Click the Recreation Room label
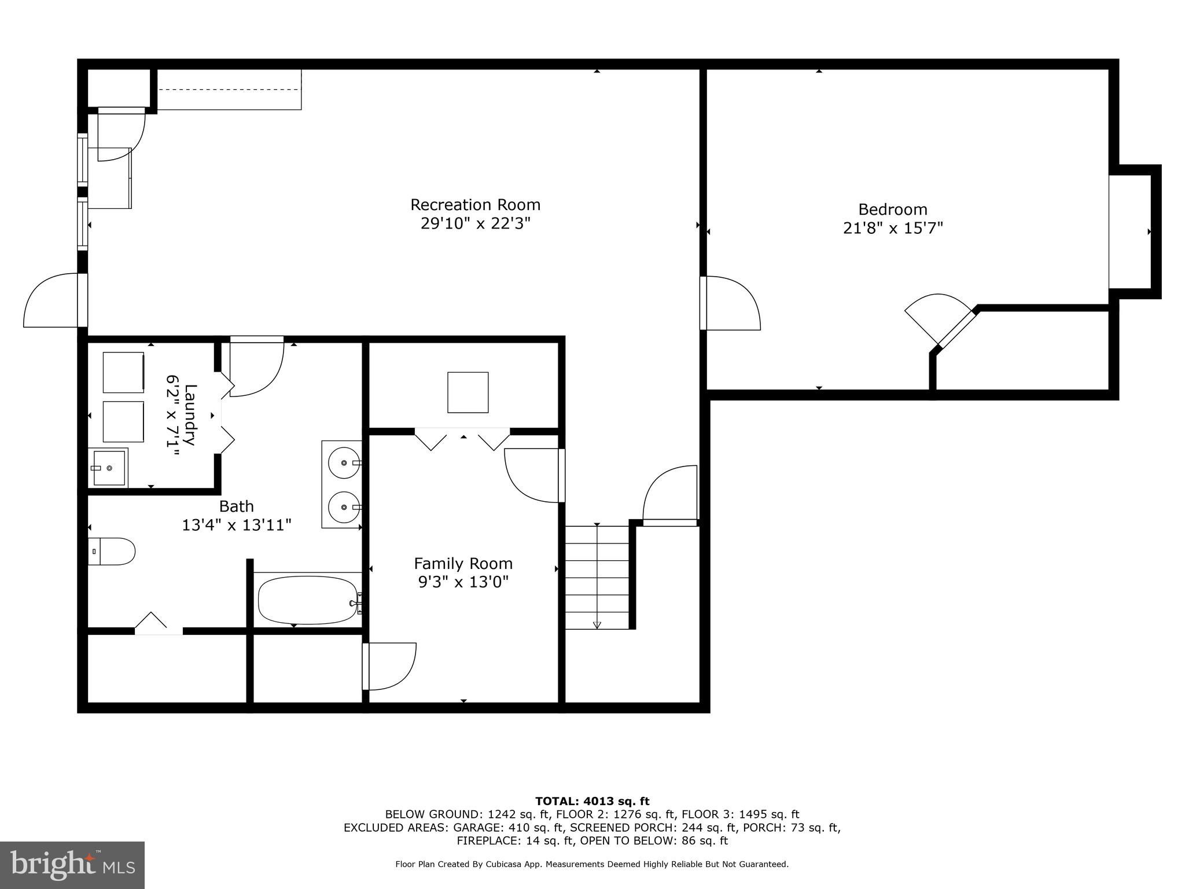[475, 205]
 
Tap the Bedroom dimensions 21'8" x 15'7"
[892, 228]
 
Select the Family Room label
[463, 563]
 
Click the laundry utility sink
[108, 468]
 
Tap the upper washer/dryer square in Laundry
[123, 372]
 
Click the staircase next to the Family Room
[597, 577]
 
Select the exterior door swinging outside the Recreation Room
[52, 301]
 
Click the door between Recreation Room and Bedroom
[730, 303]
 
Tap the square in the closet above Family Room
[468, 392]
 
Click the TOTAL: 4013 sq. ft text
[592, 801]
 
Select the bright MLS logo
[72, 865]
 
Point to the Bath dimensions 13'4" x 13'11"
[236, 525]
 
